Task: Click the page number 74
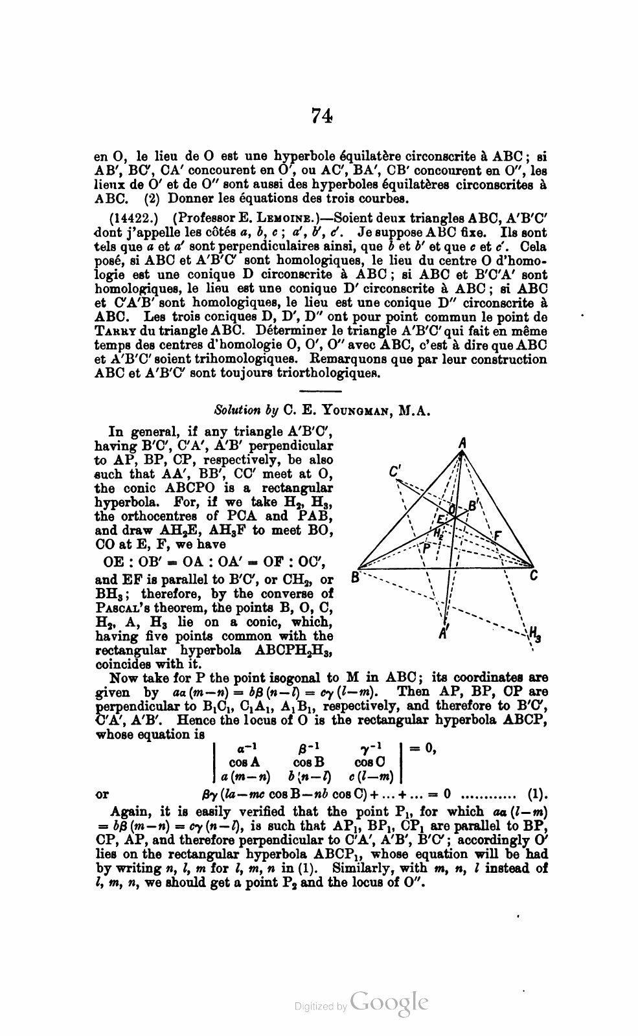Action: point(322,115)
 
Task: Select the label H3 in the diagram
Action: point(534,633)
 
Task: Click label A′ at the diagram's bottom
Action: point(444,634)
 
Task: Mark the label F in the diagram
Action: point(497,536)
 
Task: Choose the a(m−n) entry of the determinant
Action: point(245,776)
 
